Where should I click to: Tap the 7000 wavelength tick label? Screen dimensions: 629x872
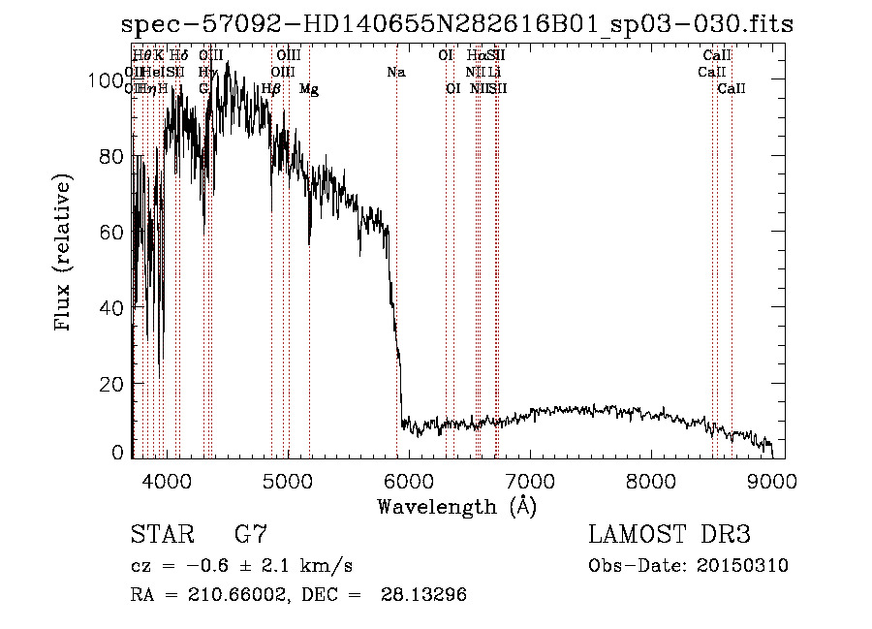530,480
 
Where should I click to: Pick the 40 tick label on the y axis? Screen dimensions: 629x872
113,307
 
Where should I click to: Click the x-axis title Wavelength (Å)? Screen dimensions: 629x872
456,506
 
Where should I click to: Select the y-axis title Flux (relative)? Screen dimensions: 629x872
65,254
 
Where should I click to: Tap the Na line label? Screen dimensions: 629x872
395,72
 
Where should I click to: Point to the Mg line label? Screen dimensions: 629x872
309,89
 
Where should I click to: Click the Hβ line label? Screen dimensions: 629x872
271,89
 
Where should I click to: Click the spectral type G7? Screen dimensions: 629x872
250,535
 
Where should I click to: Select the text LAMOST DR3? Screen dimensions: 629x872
670,535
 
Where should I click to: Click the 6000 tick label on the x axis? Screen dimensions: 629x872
408,480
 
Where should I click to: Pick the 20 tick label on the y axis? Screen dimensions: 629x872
113,383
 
